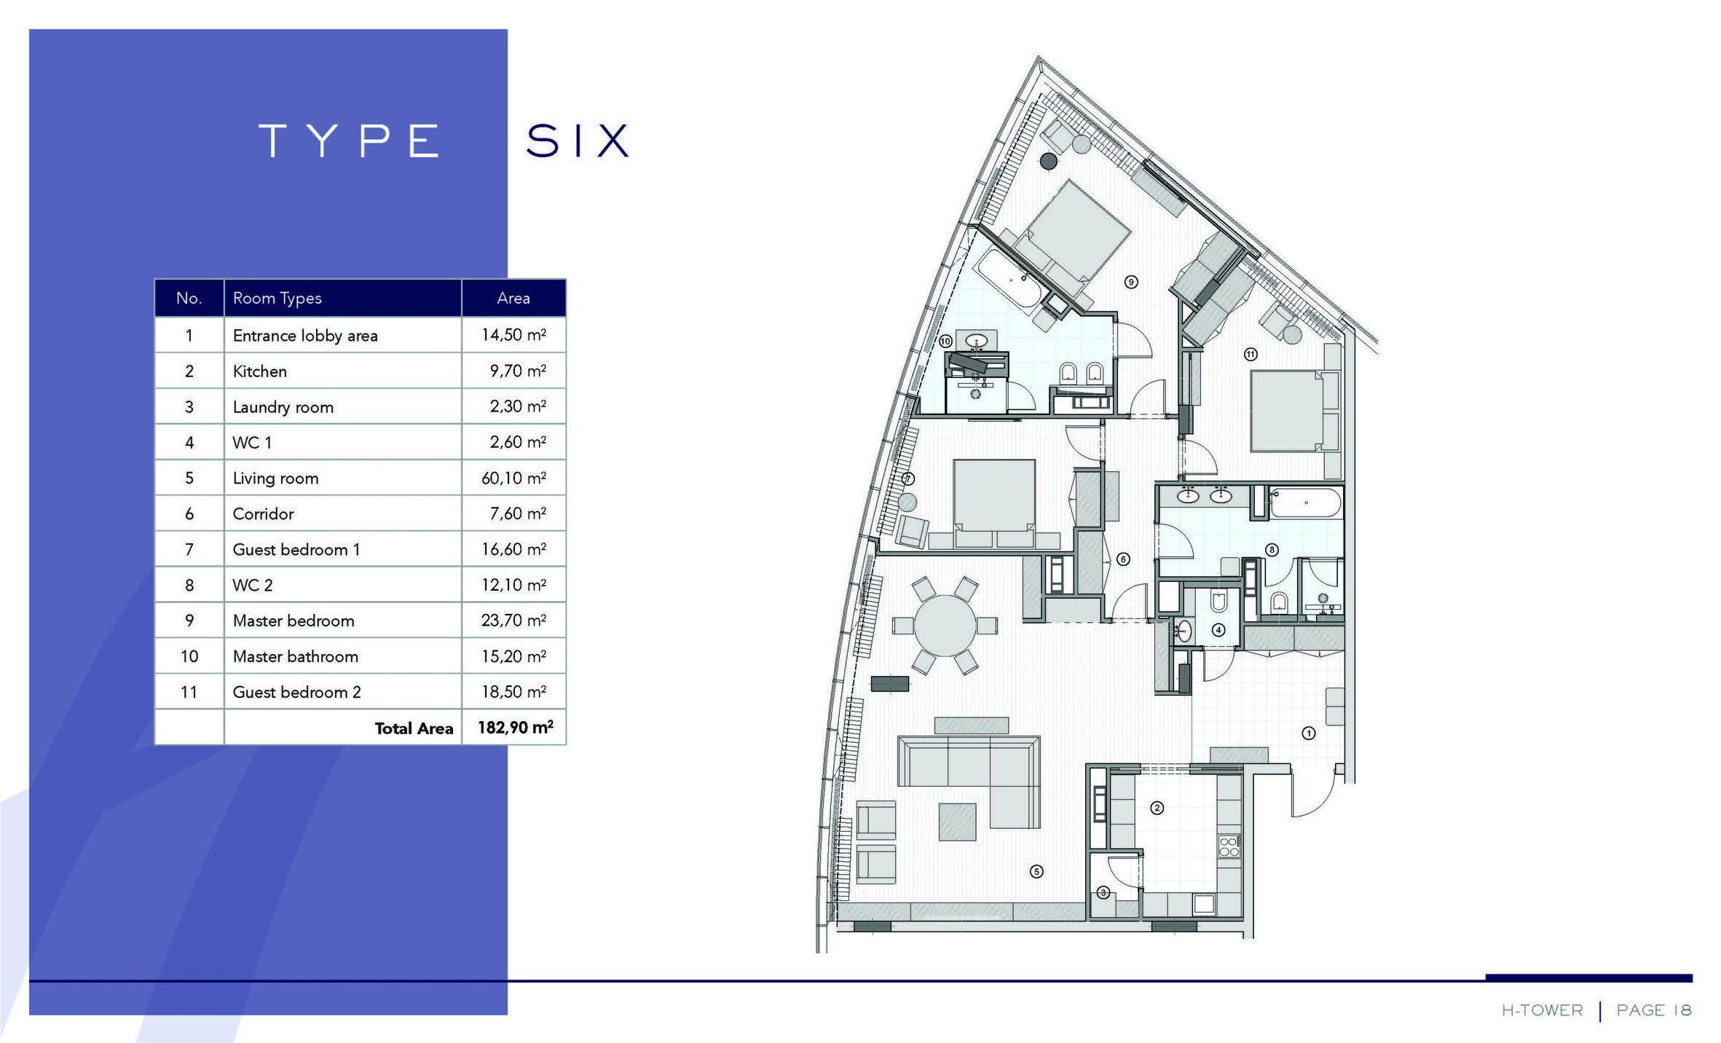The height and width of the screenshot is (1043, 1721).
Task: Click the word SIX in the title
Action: coord(578,140)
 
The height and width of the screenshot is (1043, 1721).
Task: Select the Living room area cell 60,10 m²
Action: coord(513,478)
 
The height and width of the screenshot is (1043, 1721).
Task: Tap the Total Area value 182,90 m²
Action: coord(515,727)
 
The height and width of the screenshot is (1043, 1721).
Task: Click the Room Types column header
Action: coord(277,298)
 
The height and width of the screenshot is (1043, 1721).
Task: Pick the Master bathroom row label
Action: coord(295,656)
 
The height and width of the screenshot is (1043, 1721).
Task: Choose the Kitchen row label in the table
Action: coord(259,371)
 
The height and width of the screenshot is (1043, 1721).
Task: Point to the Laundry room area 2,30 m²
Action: coord(518,406)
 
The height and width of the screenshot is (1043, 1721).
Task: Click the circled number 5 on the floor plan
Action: coord(1036,871)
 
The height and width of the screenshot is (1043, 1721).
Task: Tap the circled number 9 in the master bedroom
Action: coord(1131,282)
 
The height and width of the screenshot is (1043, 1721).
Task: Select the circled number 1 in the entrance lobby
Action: coord(1309,733)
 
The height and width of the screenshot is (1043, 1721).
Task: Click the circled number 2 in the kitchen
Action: coord(1157,808)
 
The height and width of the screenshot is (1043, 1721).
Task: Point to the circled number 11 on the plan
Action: coord(1251,355)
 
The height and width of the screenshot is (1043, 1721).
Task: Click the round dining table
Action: coord(945,626)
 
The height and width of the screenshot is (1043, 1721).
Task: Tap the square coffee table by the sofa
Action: coord(957,822)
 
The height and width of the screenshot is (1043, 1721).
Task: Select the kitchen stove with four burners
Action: coord(1229,846)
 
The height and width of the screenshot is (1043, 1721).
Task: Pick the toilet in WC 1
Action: coord(1219,602)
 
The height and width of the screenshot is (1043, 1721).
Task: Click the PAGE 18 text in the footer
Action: coord(1654,1010)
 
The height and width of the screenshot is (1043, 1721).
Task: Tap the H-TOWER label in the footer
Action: coord(1542,1010)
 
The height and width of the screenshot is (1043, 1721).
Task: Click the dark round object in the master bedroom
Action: coord(1049,162)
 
